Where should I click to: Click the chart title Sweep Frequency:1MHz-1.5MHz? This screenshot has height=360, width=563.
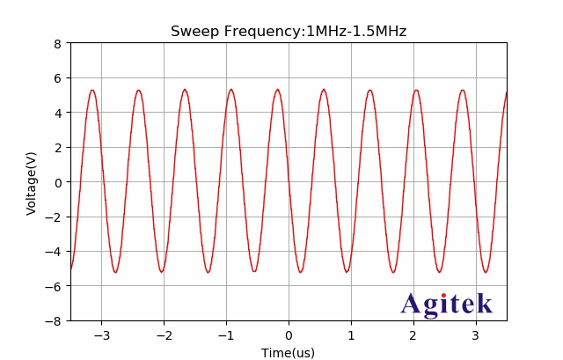[x=288, y=32]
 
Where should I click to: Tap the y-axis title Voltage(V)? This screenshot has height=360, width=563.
[x=32, y=183]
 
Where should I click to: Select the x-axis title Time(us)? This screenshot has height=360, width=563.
[x=288, y=353]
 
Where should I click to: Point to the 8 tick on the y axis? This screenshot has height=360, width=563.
[x=60, y=43]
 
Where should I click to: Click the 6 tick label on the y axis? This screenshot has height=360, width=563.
[x=60, y=78]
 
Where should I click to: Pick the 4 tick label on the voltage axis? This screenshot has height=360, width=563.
[x=60, y=113]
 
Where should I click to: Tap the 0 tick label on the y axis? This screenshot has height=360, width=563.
[x=60, y=182]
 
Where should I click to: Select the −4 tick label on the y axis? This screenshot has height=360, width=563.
[x=56, y=252]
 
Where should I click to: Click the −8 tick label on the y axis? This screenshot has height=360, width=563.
[x=56, y=321]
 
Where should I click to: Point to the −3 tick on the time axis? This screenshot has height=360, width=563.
[x=101, y=335]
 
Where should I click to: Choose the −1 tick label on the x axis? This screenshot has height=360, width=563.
[x=226, y=335]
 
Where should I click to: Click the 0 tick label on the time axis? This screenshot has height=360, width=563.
[x=289, y=335]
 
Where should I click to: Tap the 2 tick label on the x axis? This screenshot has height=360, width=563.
[x=413, y=335]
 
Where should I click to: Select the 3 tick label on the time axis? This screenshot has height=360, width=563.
[x=476, y=335]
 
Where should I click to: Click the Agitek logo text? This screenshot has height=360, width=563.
[x=446, y=305]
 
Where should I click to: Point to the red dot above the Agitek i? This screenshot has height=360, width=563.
[x=443, y=296]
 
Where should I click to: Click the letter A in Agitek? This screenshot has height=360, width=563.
[x=412, y=305]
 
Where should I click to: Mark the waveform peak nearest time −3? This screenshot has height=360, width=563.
[x=92, y=90]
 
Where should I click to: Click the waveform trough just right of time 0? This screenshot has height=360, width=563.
[x=300, y=271]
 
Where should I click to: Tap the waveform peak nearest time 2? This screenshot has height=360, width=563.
[x=416, y=90]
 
